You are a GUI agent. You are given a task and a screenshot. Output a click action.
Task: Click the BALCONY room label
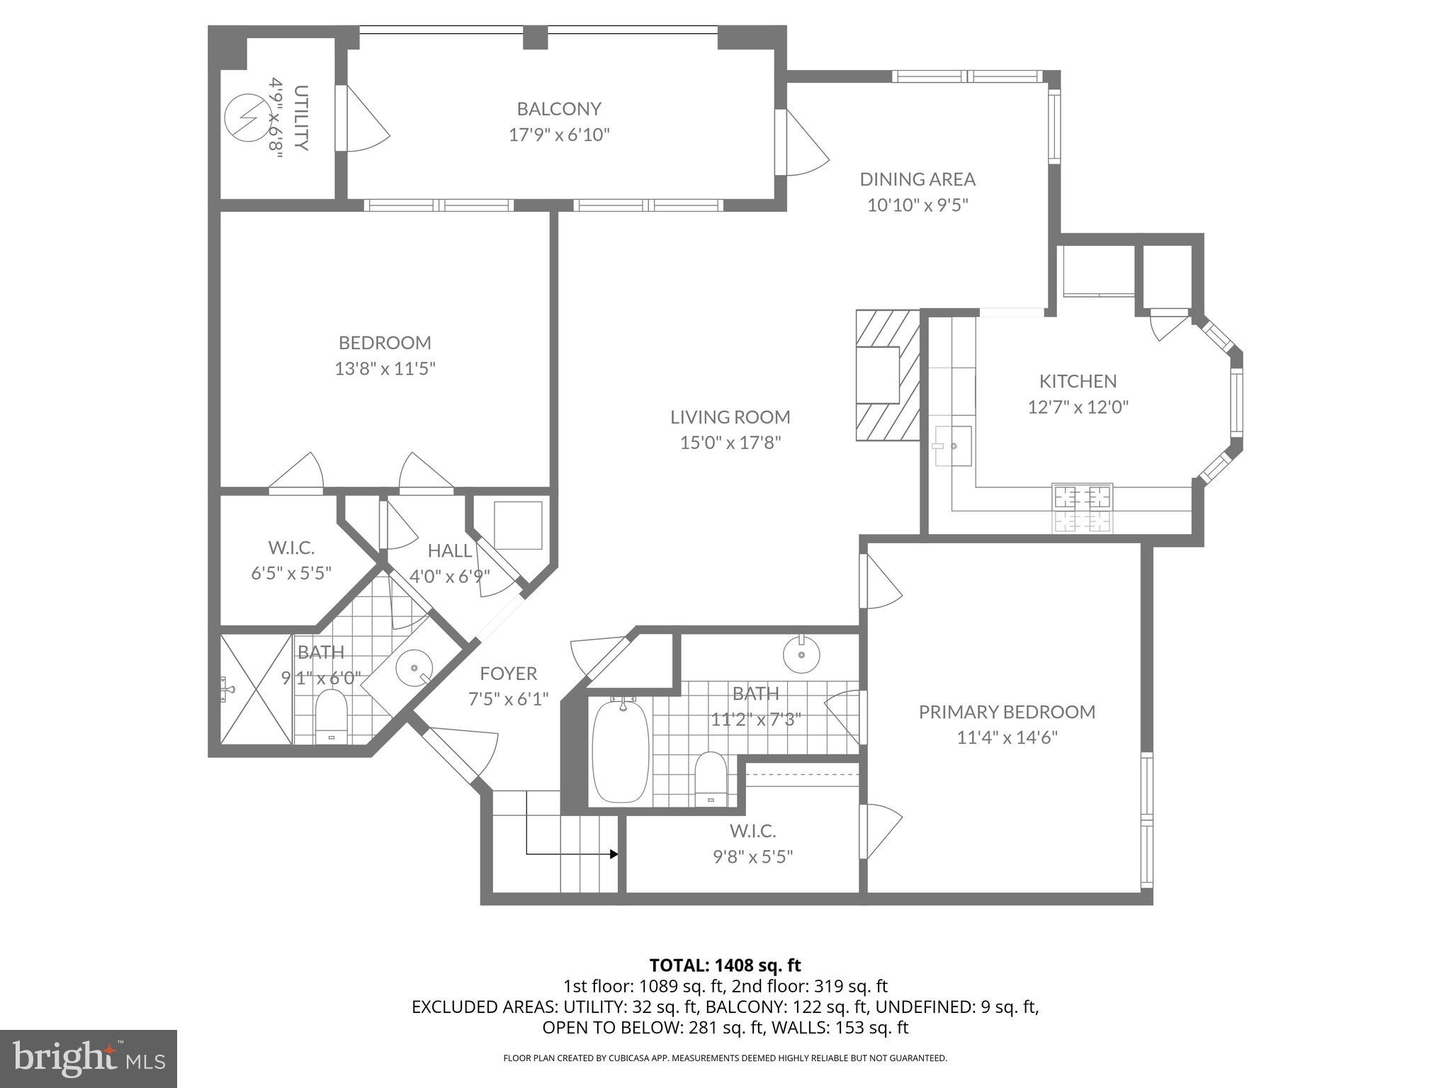tap(558, 109)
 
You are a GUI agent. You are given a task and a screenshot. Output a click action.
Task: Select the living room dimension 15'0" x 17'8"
tap(730, 443)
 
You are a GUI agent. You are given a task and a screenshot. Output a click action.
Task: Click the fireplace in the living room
tap(886, 375)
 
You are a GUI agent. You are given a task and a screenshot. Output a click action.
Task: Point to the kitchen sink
tap(952, 446)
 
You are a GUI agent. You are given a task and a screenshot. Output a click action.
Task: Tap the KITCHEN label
tap(1078, 381)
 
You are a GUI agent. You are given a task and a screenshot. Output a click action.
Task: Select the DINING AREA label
tap(918, 179)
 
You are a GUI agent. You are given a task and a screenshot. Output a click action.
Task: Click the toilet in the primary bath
tap(711, 779)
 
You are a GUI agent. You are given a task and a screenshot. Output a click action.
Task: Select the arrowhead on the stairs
tap(614, 854)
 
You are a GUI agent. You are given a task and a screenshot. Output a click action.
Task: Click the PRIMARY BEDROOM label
tap(1007, 712)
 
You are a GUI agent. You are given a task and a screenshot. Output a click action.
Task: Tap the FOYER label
tap(508, 673)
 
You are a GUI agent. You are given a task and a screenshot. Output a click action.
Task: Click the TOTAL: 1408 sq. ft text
tap(725, 965)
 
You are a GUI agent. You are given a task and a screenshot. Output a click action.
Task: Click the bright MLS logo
tap(88, 1058)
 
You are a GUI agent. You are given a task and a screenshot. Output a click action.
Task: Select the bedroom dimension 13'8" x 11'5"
tap(385, 369)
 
